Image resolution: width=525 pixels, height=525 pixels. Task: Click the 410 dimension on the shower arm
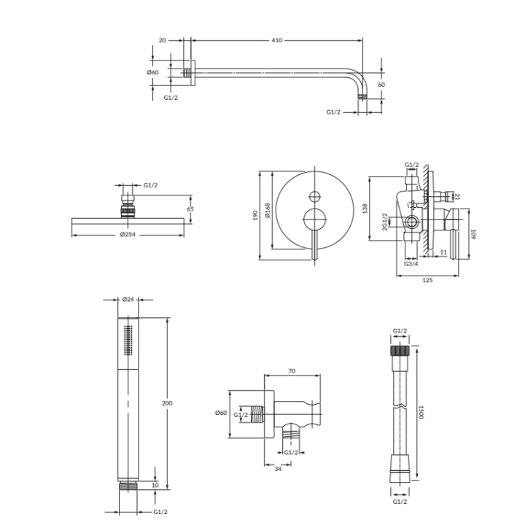(277, 40)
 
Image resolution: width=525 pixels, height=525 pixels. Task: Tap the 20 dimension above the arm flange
(162, 40)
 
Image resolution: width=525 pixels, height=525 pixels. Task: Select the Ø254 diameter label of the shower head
(128, 234)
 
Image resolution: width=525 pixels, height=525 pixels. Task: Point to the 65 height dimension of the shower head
(190, 209)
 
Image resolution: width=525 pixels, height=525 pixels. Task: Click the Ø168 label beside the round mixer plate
(268, 211)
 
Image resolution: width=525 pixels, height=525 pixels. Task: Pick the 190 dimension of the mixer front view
(255, 215)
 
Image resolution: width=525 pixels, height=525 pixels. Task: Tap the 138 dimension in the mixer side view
(365, 209)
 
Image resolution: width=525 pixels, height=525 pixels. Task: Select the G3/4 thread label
(411, 264)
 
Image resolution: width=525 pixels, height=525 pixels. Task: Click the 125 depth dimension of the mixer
(427, 280)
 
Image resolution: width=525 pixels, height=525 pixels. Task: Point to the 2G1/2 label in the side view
(385, 222)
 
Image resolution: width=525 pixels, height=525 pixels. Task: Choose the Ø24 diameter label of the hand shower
(128, 299)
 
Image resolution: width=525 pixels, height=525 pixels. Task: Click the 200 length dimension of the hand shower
(167, 403)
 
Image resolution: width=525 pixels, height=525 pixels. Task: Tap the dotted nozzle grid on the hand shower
(128, 341)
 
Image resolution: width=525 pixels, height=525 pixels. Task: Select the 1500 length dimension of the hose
(421, 412)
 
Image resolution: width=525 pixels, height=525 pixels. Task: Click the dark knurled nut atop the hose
(400, 351)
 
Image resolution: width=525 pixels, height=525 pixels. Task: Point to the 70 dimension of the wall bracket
(292, 371)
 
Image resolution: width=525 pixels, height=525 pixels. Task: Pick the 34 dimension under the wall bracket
(278, 469)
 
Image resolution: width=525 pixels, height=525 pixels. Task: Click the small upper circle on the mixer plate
(315, 197)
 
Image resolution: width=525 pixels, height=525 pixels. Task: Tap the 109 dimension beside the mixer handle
(472, 234)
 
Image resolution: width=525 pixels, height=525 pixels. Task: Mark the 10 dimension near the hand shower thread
(155, 485)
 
